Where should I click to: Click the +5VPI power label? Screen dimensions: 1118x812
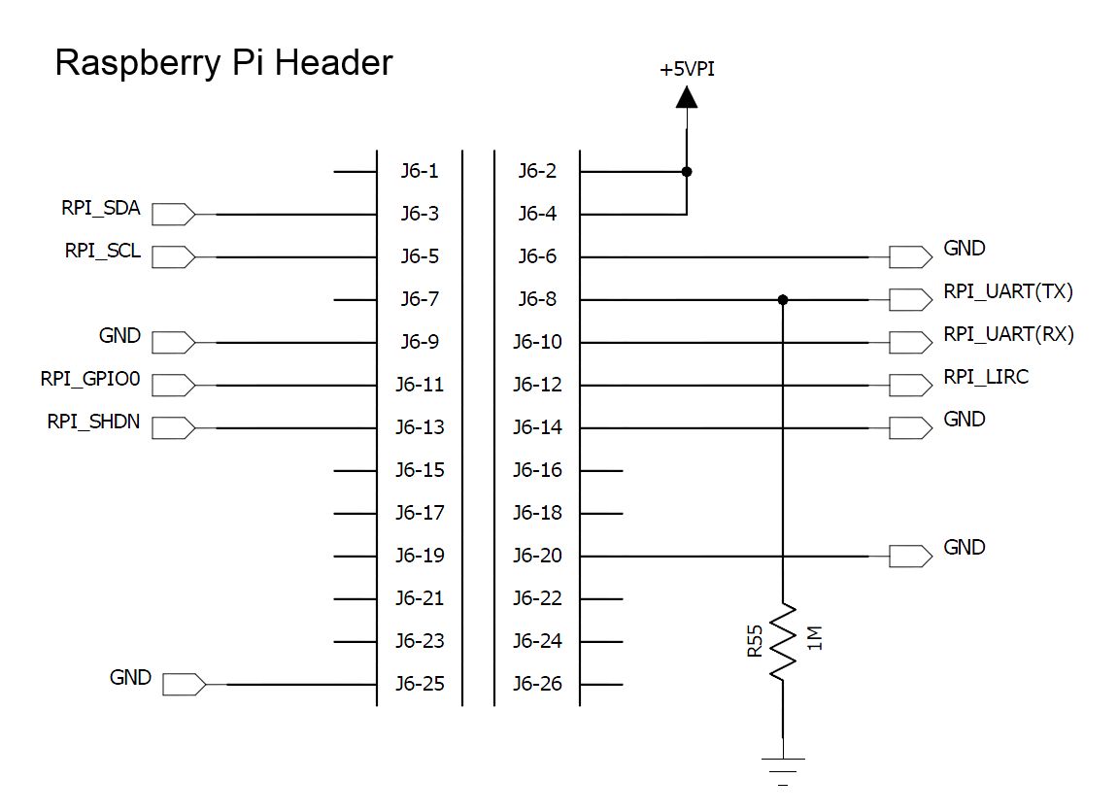coord(687,69)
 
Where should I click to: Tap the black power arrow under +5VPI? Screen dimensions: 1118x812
coord(687,97)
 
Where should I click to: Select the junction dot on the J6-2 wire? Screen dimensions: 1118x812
coord(687,172)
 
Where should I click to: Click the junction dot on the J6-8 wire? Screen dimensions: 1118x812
coord(783,300)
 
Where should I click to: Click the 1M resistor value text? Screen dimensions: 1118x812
coord(815,638)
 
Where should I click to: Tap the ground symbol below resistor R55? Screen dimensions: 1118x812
coord(783,771)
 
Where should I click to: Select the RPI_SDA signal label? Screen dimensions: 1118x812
coord(101,208)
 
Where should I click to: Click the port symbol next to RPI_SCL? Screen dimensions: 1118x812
coord(173,257)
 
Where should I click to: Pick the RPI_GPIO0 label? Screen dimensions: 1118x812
coord(90,379)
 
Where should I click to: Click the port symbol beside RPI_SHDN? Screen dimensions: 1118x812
coord(173,427)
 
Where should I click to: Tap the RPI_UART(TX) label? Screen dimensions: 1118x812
coord(1008,291)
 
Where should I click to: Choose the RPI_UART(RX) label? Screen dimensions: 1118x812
coord(1009,334)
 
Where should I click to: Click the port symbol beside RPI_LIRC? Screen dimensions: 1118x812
coord(910,385)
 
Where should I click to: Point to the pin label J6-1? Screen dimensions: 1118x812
coord(420,171)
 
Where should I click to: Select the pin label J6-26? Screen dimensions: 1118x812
coord(537,684)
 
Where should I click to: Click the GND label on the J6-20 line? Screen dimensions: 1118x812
coord(964,548)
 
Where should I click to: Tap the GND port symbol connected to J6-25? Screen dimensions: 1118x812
coord(184,685)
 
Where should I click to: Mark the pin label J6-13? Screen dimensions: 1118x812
coord(420,427)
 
